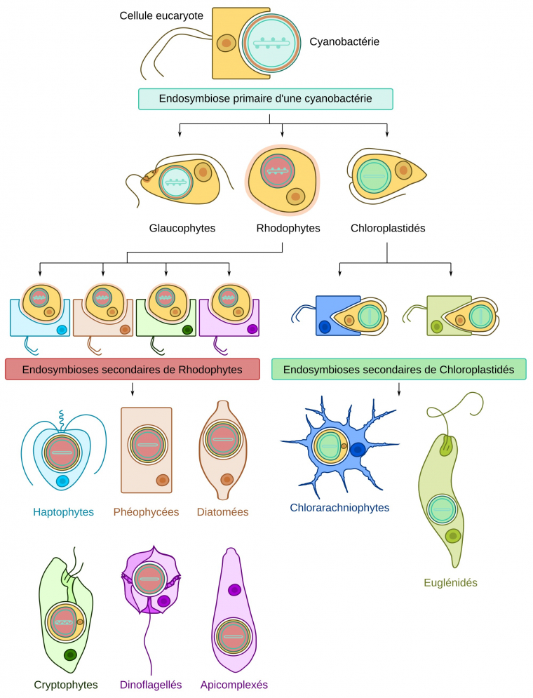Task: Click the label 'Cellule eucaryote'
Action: (x=161, y=14)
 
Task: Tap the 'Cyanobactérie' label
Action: (x=344, y=42)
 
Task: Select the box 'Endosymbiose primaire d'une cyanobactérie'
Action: (x=265, y=99)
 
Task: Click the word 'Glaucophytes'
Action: (x=182, y=228)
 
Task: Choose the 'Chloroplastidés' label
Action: (x=388, y=228)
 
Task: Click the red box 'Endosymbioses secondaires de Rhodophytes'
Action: (x=132, y=369)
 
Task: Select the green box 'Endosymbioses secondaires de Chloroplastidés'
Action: (x=398, y=369)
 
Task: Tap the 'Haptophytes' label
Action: (x=63, y=512)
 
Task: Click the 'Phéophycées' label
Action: (x=146, y=512)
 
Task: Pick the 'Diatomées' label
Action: (x=222, y=512)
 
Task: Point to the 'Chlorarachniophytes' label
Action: (x=339, y=507)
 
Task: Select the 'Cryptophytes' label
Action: (x=66, y=685)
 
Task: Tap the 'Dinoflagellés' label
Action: (x=151, y=685)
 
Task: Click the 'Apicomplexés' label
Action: (x=234, y=685)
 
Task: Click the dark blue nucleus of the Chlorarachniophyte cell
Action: (x=358, y=450)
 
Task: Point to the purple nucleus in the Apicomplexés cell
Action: (x=234, y=591)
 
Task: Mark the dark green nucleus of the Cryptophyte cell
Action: (x=70, y=655)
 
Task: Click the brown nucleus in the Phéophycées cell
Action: (x=163, y=480)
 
